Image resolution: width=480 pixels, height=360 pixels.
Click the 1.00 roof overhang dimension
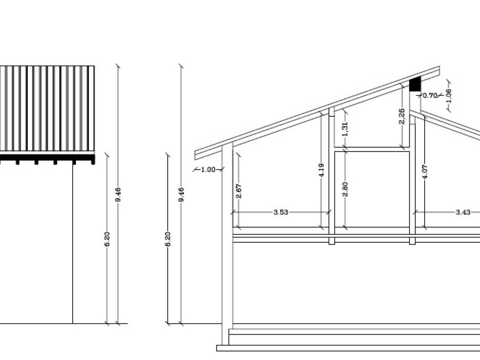point(208,170)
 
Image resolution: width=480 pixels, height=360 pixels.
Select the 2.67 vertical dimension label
point(239,191)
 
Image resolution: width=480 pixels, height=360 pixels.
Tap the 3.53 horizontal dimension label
point(281,212)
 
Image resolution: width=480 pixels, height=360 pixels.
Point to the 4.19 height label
point(321,170)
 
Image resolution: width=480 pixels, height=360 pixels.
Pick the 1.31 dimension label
point(345,129)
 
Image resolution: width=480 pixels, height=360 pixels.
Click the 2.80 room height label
point(345,189)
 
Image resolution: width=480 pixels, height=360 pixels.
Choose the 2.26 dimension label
point(402,116)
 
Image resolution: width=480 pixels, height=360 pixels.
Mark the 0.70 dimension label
point(430,96)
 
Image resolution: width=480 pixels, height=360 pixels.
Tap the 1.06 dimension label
point(449,96)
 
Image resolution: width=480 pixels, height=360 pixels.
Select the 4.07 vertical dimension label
point(425,172)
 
